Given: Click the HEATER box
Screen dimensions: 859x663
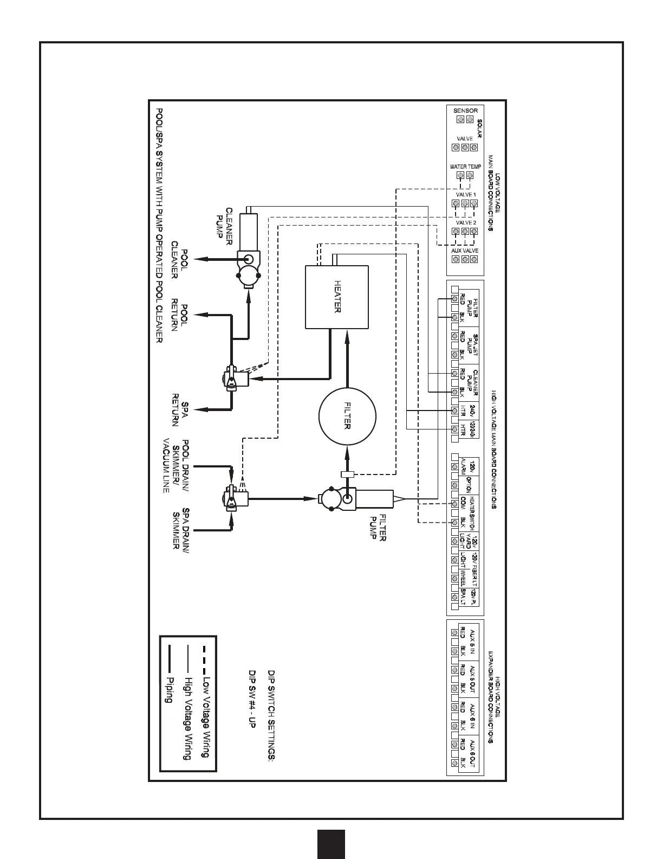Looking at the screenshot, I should coord(336,297).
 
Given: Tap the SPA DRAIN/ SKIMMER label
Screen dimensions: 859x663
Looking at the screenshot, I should coord(180,528).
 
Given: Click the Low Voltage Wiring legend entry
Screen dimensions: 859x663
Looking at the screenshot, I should coord(205,716).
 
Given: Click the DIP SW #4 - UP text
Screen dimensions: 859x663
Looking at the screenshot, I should coord(251,700).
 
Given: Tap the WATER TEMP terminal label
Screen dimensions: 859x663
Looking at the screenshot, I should coord(465,167).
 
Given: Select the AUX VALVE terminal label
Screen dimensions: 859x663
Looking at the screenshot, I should coord(465,251).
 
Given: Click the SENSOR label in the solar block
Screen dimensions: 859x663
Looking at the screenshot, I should coord(465,111).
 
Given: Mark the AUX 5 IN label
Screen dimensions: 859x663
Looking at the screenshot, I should coord(472,643).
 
